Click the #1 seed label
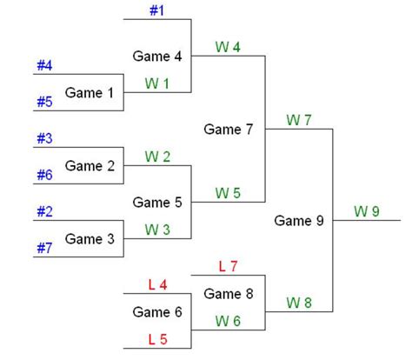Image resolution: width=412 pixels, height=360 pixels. pyautogui.click(x=156, y=10)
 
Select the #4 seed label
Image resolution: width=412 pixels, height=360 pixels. pyautogui.click(x=45, y=65)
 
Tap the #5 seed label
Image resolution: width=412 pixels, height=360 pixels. pyautogui.click(x=45, y=101)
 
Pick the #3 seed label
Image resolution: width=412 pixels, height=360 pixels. pyautogui.click(x=45, y=138)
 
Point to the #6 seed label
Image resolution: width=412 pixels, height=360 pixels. pyautogui.click(x=45, y=174)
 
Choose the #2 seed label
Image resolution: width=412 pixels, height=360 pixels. pyautogui.click(x=45, y=211)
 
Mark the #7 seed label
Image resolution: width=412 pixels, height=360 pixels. pyautogui.click(x=45, y=248)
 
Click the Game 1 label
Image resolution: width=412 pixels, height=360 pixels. pyautogui.click(x=90, y=92)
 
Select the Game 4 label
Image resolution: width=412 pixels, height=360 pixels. pyautogui.click(x=157, y=56)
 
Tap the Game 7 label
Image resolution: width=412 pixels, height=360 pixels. pyautogui.click(x=228, y=130)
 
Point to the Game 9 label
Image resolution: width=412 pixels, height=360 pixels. pyautogui.click(x=299, y=221)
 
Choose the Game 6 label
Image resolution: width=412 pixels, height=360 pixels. pyautogui.click(x=157, y=311)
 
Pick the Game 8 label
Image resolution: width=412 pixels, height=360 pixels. pyautogui.click(x=228, y=294)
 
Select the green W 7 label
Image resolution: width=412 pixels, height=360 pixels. pyautogui.click(x=297, y=119)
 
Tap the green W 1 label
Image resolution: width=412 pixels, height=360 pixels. pyautogui.click(x=157, y=83)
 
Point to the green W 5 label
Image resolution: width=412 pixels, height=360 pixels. pyautogui.click(x=228, y=193)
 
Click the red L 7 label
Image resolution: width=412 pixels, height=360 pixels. pyautogui.click(x=229, y=265)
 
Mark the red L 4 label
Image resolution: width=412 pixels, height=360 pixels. pyautogui.click(x=157, y=284)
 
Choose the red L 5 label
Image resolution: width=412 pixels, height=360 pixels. pyautogui.click(x=157, y=338)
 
